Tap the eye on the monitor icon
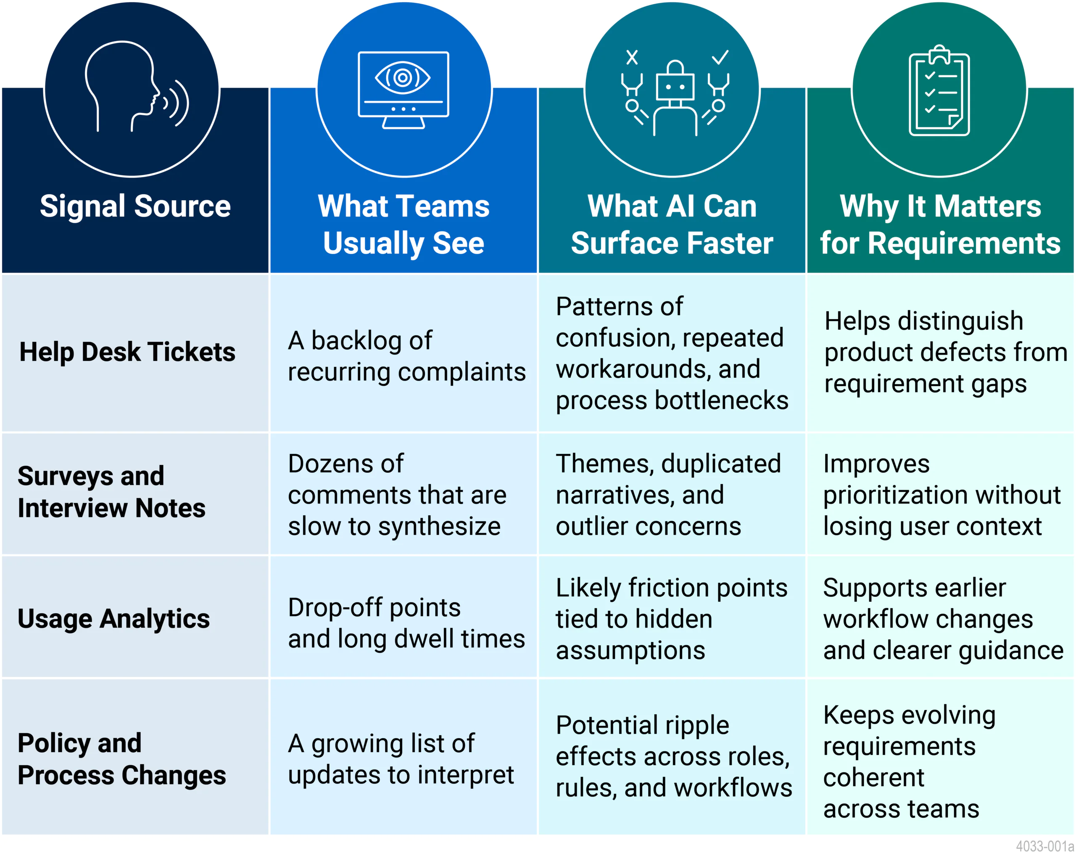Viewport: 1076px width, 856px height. point(403,77)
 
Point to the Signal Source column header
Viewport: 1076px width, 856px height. point(135,206)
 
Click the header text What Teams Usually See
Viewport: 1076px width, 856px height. point(403,225)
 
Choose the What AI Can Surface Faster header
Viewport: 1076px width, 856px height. point(672,225)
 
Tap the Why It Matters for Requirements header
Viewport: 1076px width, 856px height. point(940,225)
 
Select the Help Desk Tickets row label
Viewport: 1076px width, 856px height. point(127,352)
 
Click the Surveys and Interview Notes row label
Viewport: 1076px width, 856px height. point(111,492)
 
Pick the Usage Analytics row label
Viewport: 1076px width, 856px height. point(114,619)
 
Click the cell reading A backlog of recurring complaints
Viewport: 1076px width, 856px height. point(406,356)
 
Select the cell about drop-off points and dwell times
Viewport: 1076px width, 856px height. point(406,623)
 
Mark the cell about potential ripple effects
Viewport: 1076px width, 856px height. point(673,756)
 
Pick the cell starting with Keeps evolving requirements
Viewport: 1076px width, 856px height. point(909,762)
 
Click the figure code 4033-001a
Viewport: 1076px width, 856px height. point(1044,846)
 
